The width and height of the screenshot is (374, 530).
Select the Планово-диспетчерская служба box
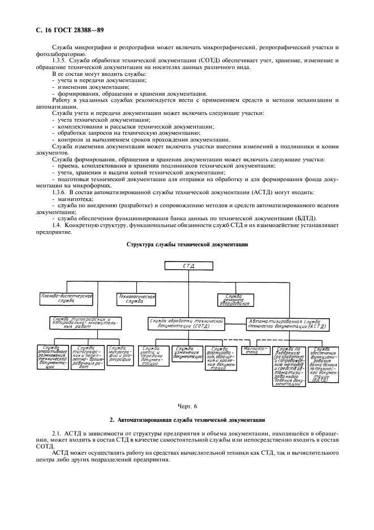66,298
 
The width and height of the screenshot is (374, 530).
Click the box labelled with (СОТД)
187,323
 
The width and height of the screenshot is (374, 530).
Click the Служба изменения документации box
187,353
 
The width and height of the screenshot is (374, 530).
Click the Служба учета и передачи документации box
153,357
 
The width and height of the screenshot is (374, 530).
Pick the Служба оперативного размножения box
53,357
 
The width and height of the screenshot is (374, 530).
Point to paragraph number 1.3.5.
61,60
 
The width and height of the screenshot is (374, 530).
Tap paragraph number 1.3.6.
61,193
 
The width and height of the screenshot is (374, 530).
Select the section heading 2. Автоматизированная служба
187,420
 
